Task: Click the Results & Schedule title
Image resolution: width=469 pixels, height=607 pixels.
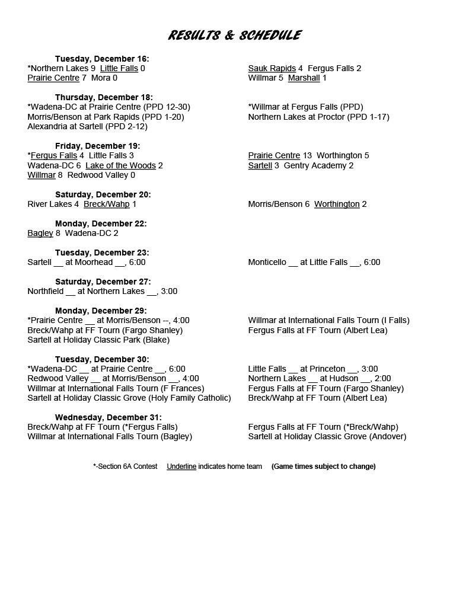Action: [234, 36]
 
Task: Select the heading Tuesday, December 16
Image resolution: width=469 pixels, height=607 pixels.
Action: [102, 59]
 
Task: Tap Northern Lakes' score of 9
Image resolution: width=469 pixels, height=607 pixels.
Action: [93, 68]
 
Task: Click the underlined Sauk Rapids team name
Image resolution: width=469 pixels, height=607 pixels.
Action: [272, 68]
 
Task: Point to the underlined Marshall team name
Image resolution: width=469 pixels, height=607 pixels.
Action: [304, 78]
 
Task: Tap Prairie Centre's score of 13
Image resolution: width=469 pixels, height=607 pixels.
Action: [307, 156]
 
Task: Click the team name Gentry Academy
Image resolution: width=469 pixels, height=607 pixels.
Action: [318, 165]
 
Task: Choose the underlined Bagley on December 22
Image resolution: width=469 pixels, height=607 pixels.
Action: [40, 233]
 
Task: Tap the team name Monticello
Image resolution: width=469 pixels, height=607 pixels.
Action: [267, 262]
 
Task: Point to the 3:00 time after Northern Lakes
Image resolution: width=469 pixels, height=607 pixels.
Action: [168, 291]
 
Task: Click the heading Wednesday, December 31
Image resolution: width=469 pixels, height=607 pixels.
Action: [109, 417]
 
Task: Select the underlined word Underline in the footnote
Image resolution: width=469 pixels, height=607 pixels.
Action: [181, 467]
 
